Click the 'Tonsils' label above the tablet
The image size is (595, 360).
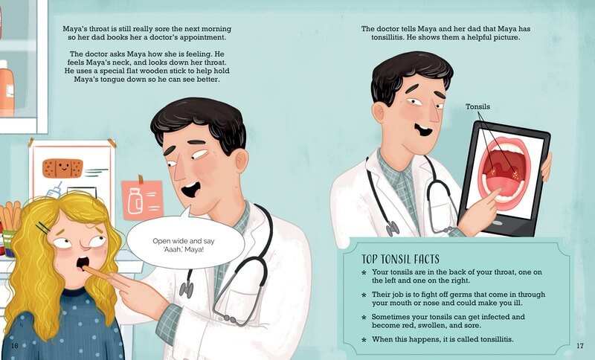point(477,106)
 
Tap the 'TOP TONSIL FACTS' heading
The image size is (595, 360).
point(400,259)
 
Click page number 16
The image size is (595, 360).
point(14,346)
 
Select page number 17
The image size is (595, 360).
point(580,346)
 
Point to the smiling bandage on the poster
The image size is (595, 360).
point(62,168)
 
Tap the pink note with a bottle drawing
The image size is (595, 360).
point(142,200)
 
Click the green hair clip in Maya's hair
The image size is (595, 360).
point(43,228)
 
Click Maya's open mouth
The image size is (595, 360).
point(83,263)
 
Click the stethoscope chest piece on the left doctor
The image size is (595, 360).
point(187,289)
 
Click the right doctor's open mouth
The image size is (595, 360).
point(423,130)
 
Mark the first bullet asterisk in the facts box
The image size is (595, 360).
point(364,273)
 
